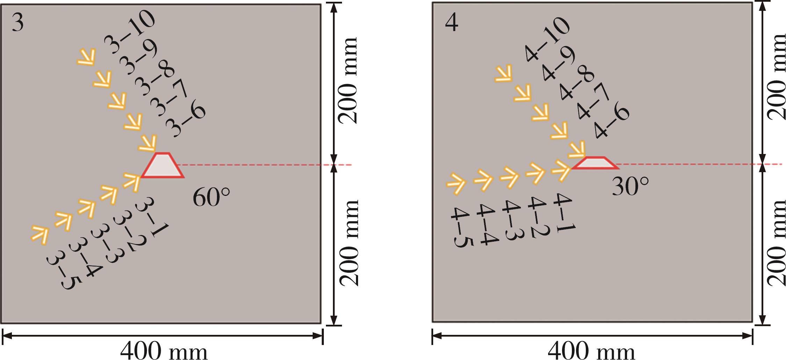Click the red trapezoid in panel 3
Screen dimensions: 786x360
point(163,166)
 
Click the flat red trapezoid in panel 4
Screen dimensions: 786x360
point(595,163)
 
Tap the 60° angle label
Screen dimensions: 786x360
point(211,198)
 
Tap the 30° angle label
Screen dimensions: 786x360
point(631,187)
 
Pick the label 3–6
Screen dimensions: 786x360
point(185,123)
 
